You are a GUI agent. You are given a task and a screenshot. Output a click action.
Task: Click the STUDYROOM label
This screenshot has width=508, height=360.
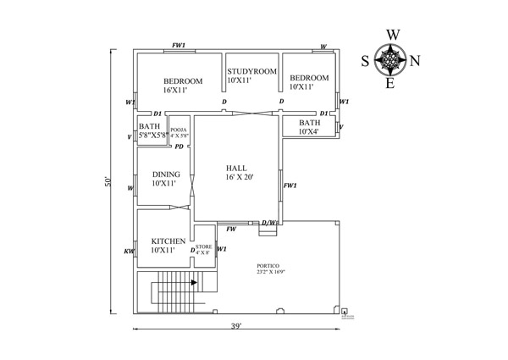coord(252,71)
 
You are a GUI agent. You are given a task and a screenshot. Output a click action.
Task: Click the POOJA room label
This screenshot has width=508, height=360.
coord(179,129)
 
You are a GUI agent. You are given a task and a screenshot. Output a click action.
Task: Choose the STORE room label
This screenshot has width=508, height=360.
coord(203,246)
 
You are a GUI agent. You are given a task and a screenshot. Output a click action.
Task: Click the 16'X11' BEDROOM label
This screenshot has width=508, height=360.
coord(183,80)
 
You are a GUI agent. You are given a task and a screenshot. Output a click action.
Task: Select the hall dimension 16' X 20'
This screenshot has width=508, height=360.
coord(240,177)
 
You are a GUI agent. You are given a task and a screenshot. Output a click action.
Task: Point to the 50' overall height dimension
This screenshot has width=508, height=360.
coord(108,183)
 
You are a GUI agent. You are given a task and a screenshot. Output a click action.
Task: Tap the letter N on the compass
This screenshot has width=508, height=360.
coord(414,60)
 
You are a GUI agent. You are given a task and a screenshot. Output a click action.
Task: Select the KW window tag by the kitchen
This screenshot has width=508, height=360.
coord(129,251)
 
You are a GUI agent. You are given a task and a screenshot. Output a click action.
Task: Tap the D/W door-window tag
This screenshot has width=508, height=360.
coord(268,223)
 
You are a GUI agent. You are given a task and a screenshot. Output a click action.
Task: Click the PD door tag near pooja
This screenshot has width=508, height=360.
coord(179,147)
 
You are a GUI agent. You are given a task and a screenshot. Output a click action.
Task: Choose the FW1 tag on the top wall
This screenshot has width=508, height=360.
coord(179,46)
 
